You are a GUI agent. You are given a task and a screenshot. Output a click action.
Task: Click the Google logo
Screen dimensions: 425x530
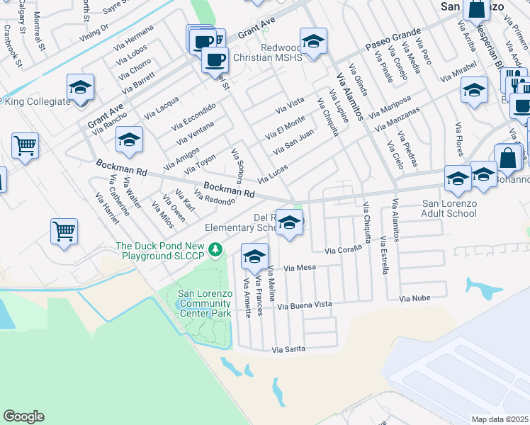[23, 416]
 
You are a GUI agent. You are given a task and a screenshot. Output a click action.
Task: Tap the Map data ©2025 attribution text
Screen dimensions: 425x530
[500, 419]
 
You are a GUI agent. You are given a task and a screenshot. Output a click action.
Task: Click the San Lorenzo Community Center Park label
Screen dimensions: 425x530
[205, 303]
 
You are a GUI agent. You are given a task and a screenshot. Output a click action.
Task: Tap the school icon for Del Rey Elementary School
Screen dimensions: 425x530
[289, 223]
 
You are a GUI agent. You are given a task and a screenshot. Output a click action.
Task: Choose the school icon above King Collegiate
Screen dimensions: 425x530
[80, 88]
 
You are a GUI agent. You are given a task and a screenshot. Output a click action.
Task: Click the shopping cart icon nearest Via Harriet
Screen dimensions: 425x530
[64, 231]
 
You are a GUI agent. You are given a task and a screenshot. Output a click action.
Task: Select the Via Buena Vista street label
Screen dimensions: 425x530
[304, 305]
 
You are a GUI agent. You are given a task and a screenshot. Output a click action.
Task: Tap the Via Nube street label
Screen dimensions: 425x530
[415, 299]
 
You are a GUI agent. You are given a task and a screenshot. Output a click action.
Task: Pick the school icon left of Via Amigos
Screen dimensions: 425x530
[129, 139]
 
